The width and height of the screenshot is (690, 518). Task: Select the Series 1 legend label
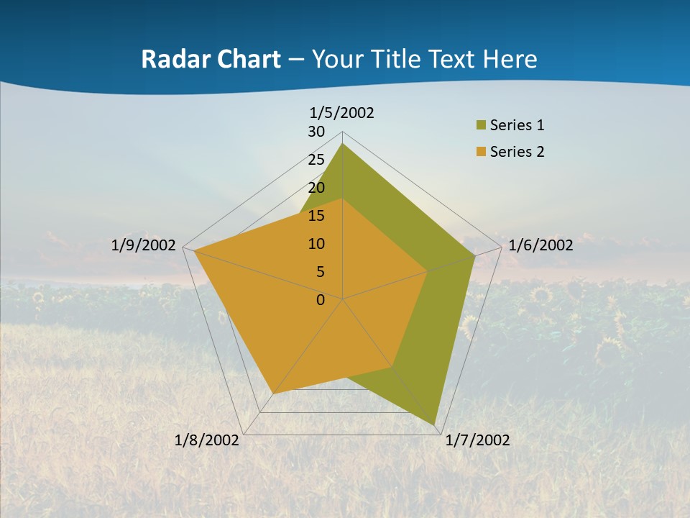[517, 125]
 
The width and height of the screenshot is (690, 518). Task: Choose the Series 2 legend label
[517, 152]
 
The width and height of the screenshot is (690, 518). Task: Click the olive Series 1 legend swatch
[481, 126]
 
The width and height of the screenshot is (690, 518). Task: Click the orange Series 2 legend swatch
[481, 152]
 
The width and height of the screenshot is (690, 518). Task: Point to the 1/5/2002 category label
[342, 112]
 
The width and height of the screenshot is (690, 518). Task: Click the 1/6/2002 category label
[540, 245]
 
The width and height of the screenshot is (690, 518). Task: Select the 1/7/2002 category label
[477, 440]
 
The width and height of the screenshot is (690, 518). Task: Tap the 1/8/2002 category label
[207, 440]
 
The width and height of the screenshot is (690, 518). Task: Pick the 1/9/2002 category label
[144, 245]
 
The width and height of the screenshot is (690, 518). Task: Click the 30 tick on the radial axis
[316, 132]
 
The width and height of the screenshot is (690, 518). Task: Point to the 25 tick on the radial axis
[316, 160]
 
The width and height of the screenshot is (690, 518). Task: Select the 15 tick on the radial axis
[316, 216]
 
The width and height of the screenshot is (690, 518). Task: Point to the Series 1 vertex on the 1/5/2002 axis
[343, 144]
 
